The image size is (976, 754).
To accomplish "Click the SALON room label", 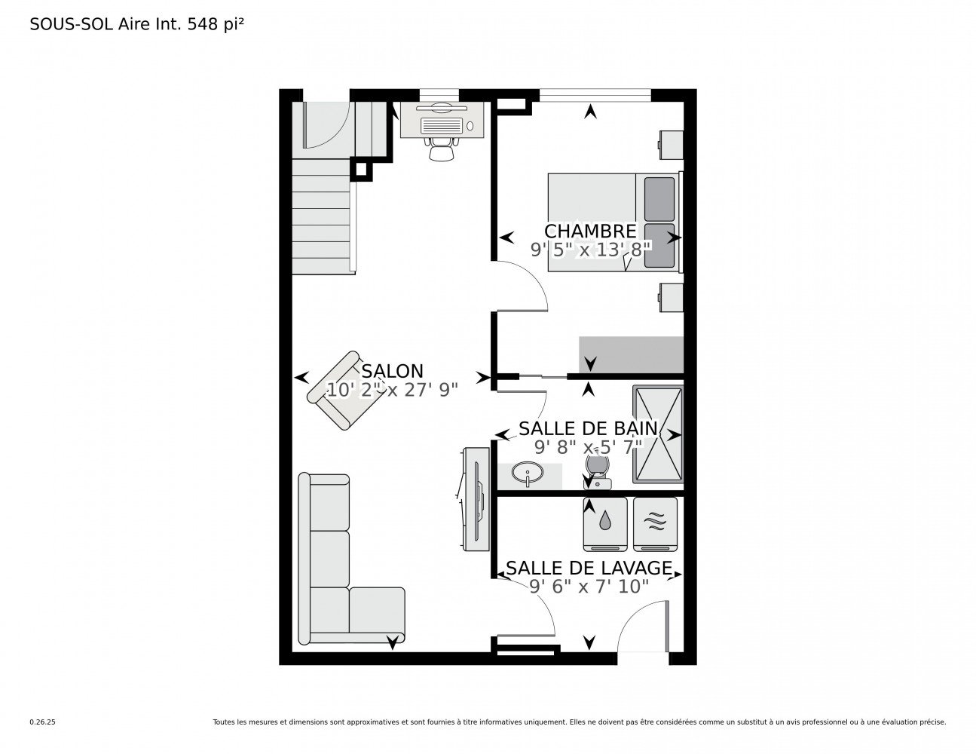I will (x=392, y=371).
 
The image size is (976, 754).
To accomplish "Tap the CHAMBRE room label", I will (x=590, y=231).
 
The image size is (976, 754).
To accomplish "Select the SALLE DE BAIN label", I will (x=588, y=429).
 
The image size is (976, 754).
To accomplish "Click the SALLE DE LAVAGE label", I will (x=589, y=568).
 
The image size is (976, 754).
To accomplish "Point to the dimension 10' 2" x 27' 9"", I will (x=392, y=390).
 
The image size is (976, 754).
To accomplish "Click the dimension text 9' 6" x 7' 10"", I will (x=589, y=587).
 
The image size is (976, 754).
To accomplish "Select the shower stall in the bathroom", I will (x=658, y=434).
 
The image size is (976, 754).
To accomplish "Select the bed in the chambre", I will (x=612, y=222).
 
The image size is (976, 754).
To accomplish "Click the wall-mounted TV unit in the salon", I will (x=475, y=498).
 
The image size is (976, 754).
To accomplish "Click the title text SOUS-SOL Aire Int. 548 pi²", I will (x=136, y=24).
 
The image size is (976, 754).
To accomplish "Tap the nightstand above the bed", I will (x=670, y=144).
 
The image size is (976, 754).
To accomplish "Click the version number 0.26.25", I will (x=42, y=722).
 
